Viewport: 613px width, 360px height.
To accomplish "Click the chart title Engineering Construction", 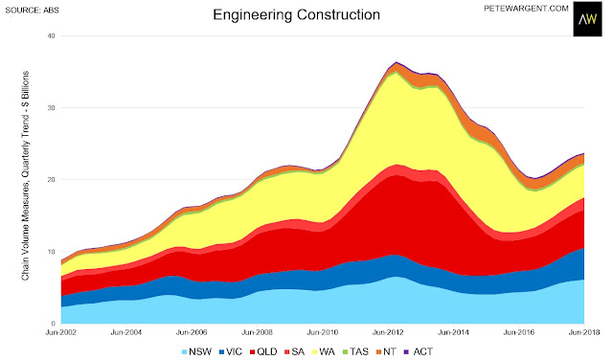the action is (x=296, y=15).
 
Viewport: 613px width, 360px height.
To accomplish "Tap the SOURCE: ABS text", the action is (x=32, y=11).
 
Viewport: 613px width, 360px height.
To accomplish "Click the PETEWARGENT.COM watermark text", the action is (x=526, y=9).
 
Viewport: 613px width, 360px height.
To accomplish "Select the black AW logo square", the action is (x=587, y=19).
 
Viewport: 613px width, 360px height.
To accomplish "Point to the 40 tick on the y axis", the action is (x=52, y=35).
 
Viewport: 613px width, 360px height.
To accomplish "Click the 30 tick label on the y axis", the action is (x=52, y=108).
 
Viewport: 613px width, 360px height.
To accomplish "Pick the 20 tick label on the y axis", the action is (x=52, y=180).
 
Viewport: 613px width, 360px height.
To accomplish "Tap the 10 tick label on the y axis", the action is (x=52, y=252).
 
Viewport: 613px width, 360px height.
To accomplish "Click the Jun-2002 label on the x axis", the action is (x=60, y=332).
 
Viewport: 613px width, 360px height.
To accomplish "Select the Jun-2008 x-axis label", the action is (x=257, y=332).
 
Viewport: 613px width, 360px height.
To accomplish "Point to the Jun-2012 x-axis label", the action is (x=388, y=332).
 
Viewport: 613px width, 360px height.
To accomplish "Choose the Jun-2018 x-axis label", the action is (x=584, y=332).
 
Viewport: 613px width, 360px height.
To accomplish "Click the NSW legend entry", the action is (x=196, y=351).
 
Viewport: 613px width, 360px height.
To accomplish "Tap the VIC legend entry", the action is (x=231, y=351).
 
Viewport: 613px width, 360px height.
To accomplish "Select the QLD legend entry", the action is (x=263, y=351).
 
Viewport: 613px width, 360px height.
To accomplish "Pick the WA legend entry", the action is (x=324, y=351).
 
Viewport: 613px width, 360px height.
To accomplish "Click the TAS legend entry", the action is (x=355, y=351).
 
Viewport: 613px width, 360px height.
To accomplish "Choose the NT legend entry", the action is (x=386, y=351).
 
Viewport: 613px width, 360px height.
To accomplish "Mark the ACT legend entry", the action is (x=418, y=351).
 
